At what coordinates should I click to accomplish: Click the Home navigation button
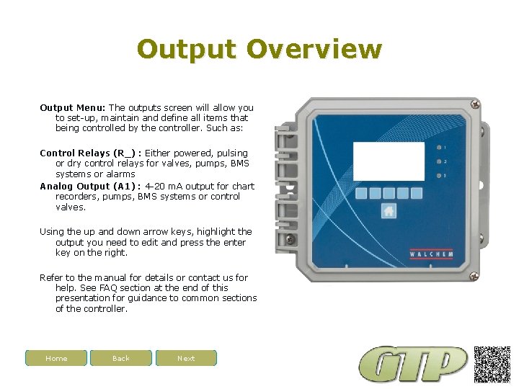pos(56,358)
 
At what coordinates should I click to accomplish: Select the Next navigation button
pos(186,358)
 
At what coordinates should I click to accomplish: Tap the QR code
pos(492,364)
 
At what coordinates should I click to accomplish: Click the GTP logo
pos(414,364)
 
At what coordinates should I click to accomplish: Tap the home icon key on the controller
pos(389,211)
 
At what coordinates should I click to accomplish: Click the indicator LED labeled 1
pos(438,147)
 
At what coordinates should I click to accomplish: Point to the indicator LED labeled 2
pos(438,161)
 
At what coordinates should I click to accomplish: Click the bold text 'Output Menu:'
pos(73,107)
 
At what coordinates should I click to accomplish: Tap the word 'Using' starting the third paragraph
pos(51,231)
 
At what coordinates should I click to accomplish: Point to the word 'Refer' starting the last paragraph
pos(50,277)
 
